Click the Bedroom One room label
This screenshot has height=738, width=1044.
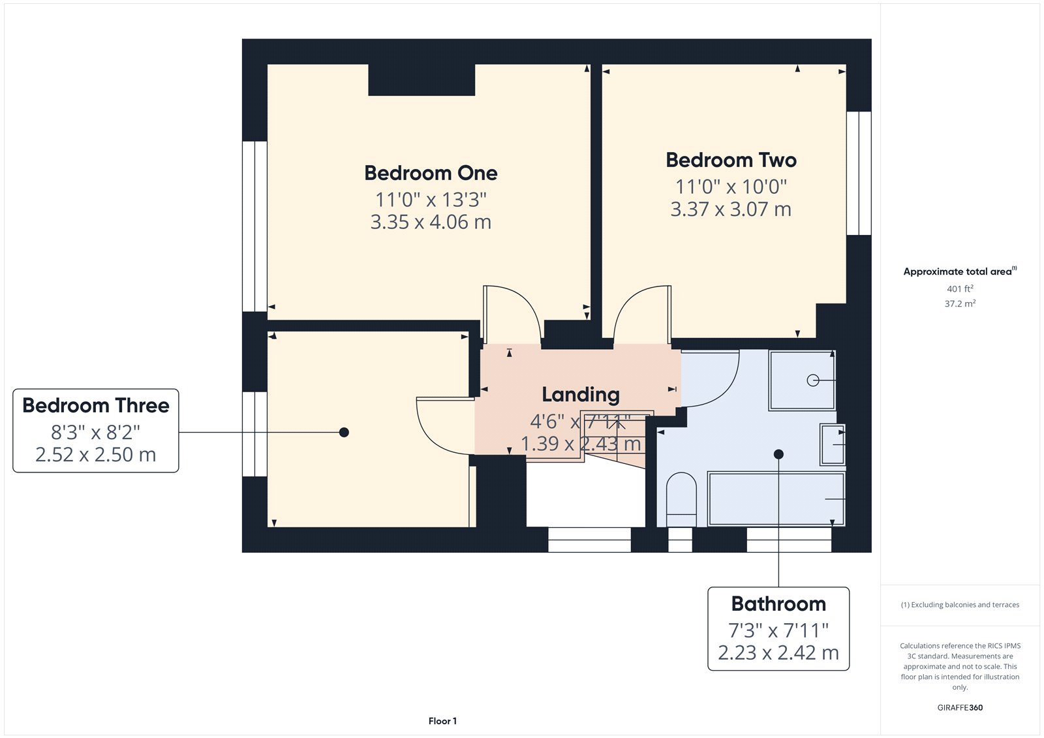[431, 173]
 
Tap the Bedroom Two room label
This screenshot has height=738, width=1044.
[731, 160]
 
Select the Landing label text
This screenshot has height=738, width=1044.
[581, 395]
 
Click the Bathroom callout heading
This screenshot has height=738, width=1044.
[778, 604]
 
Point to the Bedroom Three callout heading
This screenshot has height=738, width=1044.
[95, 405]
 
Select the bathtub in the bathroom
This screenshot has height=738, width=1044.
[776, 499]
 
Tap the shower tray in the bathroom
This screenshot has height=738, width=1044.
[802, 380]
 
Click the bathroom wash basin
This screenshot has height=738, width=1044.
[833, 445]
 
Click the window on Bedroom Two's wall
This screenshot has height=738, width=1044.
[859, 173]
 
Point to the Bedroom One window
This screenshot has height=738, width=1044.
[254, 226]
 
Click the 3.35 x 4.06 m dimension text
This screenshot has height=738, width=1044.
[431, 222]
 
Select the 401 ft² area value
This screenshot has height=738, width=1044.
[960, 288]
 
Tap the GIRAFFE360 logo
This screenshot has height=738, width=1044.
[960, 707]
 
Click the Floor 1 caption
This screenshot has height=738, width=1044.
[442, 721]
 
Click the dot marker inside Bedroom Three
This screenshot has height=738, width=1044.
[344, 432]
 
